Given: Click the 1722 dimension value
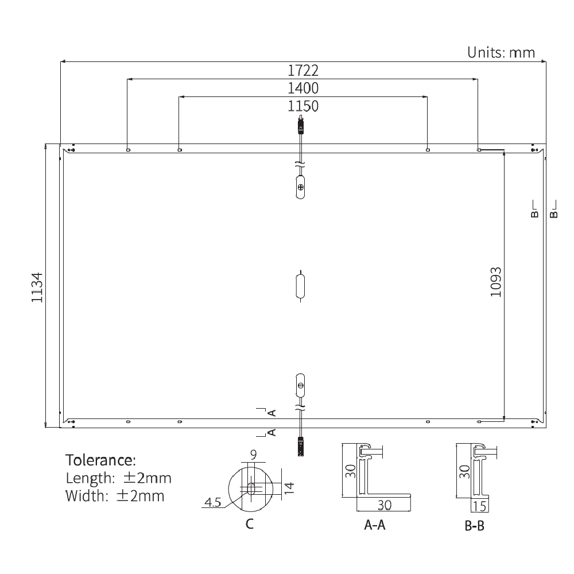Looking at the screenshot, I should [x=302, y=71].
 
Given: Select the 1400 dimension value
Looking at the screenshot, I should [x=302, y=88].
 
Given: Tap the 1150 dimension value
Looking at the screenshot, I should [x=302, y=106].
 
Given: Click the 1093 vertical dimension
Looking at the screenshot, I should [x=496, y=281].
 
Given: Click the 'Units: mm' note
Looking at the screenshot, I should [x=501, y=53].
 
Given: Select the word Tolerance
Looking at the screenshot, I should [x=101, y=460].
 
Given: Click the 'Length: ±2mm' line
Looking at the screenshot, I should [x=118, y=478].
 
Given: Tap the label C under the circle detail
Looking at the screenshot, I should [x=249, y=524].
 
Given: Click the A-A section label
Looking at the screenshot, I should [x=375, y=525].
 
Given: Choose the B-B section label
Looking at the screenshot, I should [x=474, y=525].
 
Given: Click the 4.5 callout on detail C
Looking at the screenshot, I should [x=212, y=503].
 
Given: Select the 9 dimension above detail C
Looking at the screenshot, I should [x=253, y=455].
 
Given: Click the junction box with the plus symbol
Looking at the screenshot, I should [x=300, y=188].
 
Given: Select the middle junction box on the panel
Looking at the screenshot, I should [x=300, y=286].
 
